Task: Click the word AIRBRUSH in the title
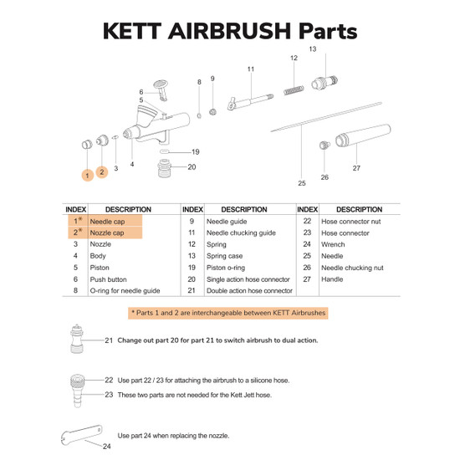point(229,31)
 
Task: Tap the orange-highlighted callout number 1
point(88,176)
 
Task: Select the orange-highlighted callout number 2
point(102,172)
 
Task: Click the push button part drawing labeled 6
point(161,89)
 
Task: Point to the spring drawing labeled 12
point(294,90)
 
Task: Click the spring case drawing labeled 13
point(325,82)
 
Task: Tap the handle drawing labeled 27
point(363,135)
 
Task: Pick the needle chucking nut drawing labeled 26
point(325,145)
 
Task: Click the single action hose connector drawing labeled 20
point(164,168)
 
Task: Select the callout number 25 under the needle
point(302,183)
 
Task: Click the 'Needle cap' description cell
point(107,222)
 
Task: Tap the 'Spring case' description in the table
point(224,256)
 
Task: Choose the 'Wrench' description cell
point(333,244)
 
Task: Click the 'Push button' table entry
point(108,279)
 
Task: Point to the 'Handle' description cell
point(332,279)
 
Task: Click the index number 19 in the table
point(192,268)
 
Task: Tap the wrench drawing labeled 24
point(82,435)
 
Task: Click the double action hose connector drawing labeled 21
point(77,339)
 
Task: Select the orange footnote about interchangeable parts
point(228,313)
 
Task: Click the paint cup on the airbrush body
point(146,116)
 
